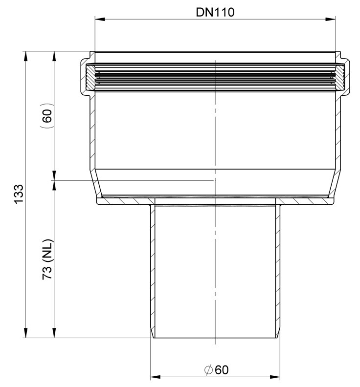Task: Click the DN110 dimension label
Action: [215, 12]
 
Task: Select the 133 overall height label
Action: [19, 194]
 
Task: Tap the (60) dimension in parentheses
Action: [47, 116]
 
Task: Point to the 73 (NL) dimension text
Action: [47, 259]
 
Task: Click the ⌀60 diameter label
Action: [216, 370]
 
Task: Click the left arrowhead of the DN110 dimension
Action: [100, 19]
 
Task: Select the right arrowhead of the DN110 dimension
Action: [330, 19]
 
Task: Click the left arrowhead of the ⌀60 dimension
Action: [156, 377]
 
